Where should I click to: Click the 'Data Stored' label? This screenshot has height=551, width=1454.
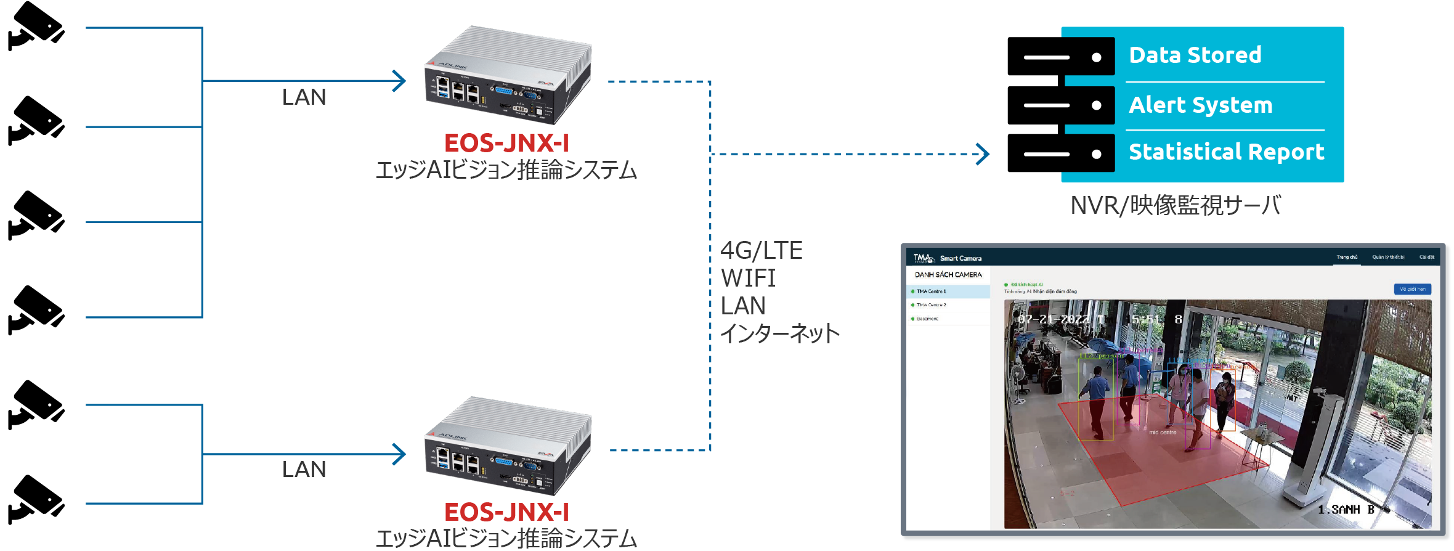coord(1195,55)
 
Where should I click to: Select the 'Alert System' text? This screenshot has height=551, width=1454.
coord(1200,105)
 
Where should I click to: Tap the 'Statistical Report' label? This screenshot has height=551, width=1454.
coord(1226,152)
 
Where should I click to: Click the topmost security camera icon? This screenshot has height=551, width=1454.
coord(36,26)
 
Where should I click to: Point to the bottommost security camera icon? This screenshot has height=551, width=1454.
coord(36,499)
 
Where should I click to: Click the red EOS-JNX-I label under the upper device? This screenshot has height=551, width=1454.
coord(506,143)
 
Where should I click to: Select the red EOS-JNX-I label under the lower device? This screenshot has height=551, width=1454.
coord(506,512)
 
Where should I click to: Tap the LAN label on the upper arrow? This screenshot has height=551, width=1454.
coord(304,97)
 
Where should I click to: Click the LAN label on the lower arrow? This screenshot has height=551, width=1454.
coord(304,470)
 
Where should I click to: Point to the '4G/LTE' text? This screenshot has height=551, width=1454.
coord(762,251)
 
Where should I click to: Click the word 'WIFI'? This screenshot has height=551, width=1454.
coord(748,279)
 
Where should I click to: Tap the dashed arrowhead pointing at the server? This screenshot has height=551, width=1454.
coord(983,154)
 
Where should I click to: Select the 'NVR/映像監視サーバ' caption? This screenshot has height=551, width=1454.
coord(1176,206)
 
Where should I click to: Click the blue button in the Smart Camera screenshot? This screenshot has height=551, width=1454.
coord(1412,289)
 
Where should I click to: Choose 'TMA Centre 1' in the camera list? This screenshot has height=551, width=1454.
coord(931,292)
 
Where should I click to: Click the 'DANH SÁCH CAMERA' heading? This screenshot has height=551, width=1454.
coord(948,275)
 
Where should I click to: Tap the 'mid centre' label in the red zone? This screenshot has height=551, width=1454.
coord(1163,433)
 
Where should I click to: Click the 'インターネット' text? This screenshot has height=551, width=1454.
coord(780,333)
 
